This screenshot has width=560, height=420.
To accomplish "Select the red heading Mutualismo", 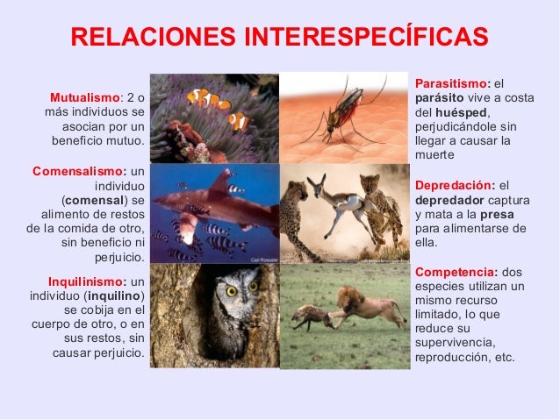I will (x=83, y=96).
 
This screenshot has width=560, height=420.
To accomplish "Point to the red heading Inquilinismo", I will (x=87, y=281).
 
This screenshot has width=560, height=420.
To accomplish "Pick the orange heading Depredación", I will (x=454, y=186).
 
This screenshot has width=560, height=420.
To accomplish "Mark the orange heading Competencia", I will (x=456, y=272).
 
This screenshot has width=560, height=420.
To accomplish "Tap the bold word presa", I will (x=497, y=214).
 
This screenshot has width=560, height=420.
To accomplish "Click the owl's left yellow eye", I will (x=231, y=289).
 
